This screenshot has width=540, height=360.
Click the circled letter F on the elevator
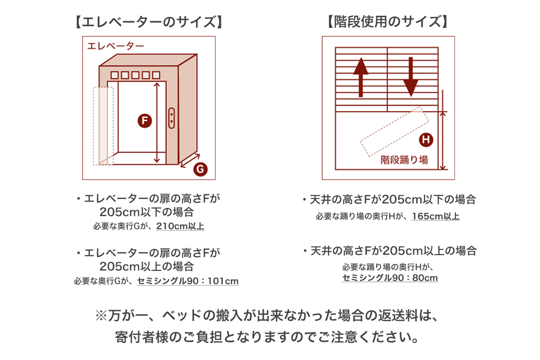point(144,121)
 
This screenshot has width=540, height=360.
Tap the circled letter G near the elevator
point(200,169)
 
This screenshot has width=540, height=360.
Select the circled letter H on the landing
point(426,140)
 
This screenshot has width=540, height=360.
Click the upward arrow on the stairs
point(360,76)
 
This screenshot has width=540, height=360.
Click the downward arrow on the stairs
point(410,76)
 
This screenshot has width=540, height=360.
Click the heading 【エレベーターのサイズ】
point(148,22)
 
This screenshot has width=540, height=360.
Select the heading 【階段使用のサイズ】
point(388,22)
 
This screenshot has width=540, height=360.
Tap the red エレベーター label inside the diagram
point(116,46)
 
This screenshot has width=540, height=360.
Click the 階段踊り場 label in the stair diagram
point(404,159)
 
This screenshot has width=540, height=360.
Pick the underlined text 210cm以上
point(180,226)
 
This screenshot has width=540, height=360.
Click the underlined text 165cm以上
point(436,216)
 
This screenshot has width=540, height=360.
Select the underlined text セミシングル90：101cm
point(188,281)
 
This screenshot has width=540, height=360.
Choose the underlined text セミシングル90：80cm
point(390,278)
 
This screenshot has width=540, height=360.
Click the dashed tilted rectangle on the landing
point(394,131)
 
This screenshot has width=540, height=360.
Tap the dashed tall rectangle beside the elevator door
point(103,126)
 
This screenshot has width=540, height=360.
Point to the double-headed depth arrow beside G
point(190,160)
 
